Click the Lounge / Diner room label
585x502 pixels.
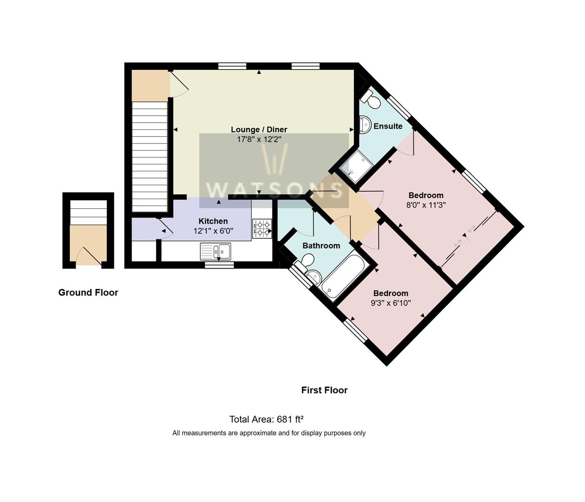tap(259, 130)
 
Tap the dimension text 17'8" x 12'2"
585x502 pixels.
tap(259, 139)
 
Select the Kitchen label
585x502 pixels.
tap(213, 221)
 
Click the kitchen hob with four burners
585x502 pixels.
tap(262, 229)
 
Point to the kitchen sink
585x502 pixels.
tap(216, 251)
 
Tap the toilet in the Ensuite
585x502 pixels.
tap(370, 99)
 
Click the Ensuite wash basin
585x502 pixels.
tap(365, 125)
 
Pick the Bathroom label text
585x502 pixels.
tap(321, 245)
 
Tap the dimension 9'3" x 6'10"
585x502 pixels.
tap(391, 303)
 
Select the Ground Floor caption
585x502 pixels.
tap(88, 292)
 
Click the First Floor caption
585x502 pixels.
tap(324, 390)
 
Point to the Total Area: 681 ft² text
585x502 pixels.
tap(266, 419)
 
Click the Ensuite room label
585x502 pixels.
tap(388, 126)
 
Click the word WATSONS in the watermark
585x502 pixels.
tap(274, 190)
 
